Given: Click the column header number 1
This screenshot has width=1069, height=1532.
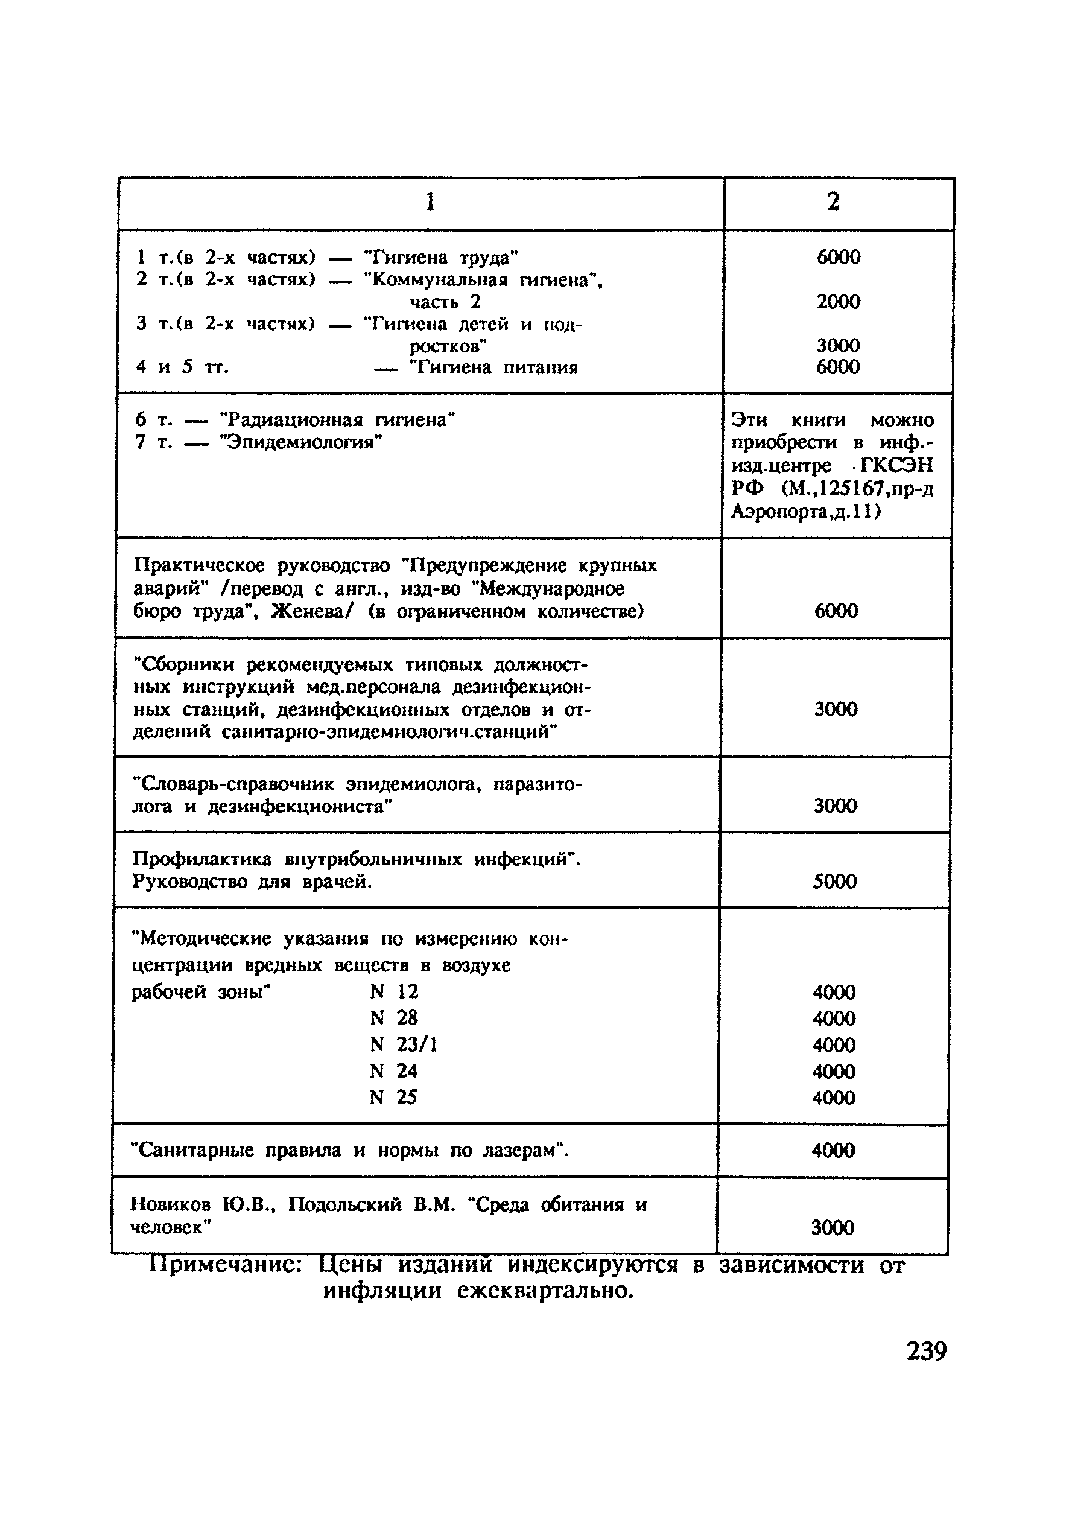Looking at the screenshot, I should click(430, 202).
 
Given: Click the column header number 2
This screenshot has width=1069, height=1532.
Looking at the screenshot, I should click(834, 202).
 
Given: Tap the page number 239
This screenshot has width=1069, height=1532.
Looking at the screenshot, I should click(926, 1350).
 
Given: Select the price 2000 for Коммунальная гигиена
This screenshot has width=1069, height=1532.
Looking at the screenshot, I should click(838, 302).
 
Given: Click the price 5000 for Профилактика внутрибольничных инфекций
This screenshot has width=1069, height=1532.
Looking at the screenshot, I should click(834, 882).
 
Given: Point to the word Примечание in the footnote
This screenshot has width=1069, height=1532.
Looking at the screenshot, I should click(226, 1265).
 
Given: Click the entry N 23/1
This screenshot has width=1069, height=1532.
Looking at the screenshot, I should click(403, 1044).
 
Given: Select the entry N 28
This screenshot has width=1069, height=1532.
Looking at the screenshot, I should click(394, 1017).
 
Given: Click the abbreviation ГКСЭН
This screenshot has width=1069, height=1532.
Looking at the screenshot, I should click(896, 465).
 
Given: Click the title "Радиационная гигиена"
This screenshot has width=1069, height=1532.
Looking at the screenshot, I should click(338, 420).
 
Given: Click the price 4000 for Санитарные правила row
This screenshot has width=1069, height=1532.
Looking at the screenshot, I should click(833, 1150).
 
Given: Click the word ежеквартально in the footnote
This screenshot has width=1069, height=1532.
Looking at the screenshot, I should click(545, 1291).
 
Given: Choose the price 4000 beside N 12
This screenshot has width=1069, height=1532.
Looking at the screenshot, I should click(834, 992).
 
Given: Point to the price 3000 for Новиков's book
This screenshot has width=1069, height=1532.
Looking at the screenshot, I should click(832, 1228).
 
